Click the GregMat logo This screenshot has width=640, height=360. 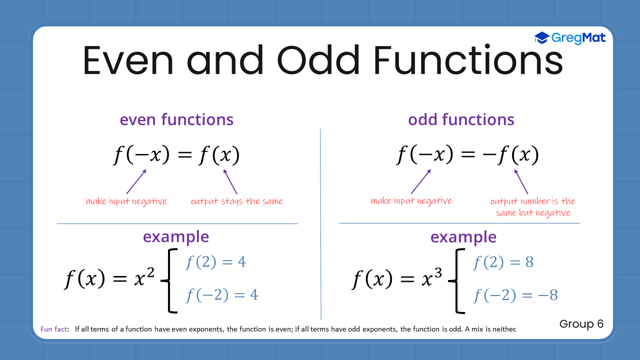click(x=570, y=38)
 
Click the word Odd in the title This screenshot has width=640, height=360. click(x=317, y=59)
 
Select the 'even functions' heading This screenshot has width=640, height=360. click(x=176, y=119)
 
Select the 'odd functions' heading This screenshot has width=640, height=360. click(x=461, y=119)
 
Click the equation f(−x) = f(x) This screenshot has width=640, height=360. click(x=176, y=155)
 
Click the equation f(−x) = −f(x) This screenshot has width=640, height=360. click(x=467, y=155)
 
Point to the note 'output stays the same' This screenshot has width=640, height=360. click(x=236, y=201)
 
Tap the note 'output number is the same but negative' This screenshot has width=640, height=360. click(x=533, y=207)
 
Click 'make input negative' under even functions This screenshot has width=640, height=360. click(x=126, y=201)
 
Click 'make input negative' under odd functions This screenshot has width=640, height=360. click(x=411, y=201)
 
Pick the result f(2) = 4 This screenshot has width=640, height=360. click(x=216, y=262)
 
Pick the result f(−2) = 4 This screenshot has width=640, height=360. click(x=222, y=295)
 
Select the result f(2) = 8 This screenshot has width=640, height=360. click(x=503, y=262)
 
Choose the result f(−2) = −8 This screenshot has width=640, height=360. click(x=515, y=295)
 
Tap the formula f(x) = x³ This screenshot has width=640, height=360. click(x=397, y=278)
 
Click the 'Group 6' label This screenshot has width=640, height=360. click(x=581, y=324)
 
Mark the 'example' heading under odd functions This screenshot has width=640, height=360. click(x=463, y=236)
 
